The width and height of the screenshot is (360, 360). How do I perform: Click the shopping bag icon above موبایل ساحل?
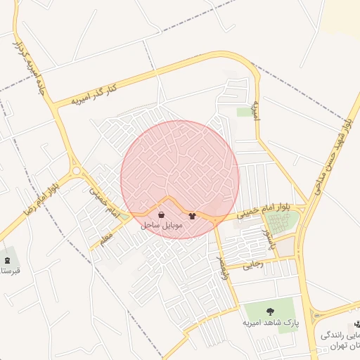coord(162,215)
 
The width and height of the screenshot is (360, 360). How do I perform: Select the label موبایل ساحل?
coord(162,226)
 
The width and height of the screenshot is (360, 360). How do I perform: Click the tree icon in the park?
coord(271,311)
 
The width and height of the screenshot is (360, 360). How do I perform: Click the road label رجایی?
coord(252,264)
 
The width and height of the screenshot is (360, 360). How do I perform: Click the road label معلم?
coord(105,240)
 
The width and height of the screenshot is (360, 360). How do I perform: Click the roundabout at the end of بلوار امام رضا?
coord(76,170)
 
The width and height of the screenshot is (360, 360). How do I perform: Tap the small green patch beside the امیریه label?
coord(244,112)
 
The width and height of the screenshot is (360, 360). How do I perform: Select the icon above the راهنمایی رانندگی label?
coord(356,324)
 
